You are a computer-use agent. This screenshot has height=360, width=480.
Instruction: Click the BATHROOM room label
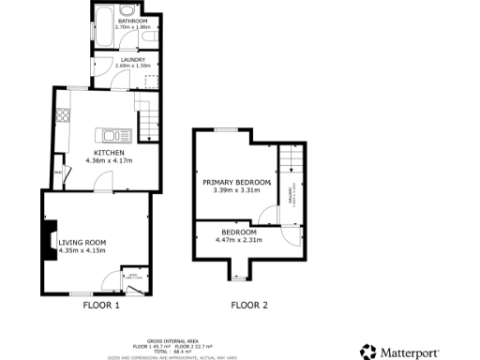click(132, 21)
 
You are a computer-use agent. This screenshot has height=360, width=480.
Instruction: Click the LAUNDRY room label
click(131, 60)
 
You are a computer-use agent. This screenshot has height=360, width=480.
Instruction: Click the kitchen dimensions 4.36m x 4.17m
click(109, 160)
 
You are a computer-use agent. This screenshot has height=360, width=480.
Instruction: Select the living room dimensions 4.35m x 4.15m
click(82, 251)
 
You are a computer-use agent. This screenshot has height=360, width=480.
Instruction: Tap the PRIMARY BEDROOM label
click(236, 181)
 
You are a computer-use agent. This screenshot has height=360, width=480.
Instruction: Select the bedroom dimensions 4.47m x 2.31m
click(239, 240)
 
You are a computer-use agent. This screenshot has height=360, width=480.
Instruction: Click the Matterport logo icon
click(368, 352)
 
